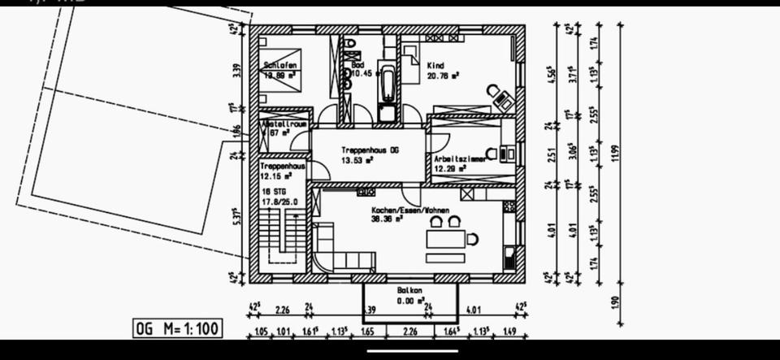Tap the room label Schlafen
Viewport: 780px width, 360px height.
point(280,64)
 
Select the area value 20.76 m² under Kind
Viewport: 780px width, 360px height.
point(444,74)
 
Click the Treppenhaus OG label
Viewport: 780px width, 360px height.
point(370,150)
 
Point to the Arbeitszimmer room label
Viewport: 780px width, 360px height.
point(460,159)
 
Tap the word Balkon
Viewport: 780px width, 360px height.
point(409,290)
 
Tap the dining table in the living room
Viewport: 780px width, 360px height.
point(446,241)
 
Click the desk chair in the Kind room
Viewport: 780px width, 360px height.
point(492,91)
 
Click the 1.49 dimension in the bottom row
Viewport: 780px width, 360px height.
point(509,331)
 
